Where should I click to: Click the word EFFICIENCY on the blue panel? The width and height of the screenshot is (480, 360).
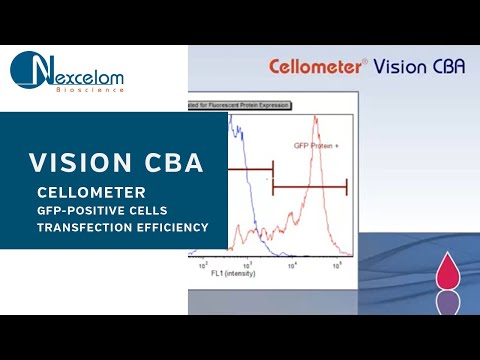coord(171,228)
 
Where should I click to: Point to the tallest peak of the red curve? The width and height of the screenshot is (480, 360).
coord(315,119)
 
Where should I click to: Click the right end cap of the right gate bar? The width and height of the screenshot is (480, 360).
coord(346,186)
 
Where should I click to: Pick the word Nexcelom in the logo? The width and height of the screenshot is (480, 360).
coord(90,73)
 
